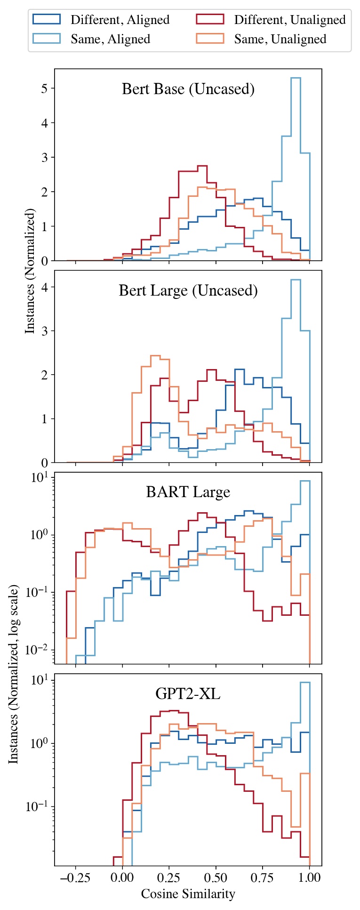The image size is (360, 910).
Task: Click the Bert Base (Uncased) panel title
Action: (188, 89)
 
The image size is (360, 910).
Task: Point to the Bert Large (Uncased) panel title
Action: (188, 290)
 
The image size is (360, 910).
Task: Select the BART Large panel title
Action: (188, 492)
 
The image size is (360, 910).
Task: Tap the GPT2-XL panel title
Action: (188, 694)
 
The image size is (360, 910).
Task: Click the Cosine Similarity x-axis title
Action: (188, 894)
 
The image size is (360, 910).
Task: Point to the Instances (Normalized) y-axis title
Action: (30, 271)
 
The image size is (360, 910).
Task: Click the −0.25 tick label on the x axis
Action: (75, 878)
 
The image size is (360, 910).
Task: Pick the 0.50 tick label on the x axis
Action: (216, 878)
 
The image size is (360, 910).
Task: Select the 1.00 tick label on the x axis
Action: (309, 878)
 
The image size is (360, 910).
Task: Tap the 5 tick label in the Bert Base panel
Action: (45, 89)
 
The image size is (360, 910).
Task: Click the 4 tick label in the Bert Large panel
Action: (45, 287)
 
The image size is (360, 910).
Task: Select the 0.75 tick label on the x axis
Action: (263, 878)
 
